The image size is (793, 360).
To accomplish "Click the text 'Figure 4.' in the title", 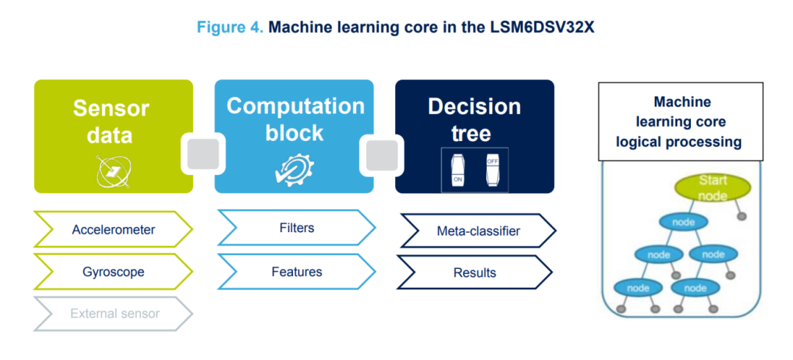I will click(229, 28).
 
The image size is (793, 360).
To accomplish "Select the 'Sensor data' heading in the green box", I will click(112, 122).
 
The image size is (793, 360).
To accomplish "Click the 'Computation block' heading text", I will click(295, 119).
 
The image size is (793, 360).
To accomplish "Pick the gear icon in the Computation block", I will click(294, 170).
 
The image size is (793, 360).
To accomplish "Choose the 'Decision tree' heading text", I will click(474, 119).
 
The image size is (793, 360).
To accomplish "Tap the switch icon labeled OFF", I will click(491, 170).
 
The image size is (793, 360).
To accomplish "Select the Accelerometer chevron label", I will click(113, 230).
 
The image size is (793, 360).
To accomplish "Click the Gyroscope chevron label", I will click(113, 272).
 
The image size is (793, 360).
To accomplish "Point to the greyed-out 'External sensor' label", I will click(115, 314).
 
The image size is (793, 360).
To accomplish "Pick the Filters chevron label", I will click(297, 228).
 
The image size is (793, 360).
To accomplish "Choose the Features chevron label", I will click(297, 272).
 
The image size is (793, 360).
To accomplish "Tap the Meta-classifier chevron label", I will click(478, 231).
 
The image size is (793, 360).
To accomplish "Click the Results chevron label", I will click(474, 273).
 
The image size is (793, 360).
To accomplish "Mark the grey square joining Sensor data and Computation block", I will click(203, 154).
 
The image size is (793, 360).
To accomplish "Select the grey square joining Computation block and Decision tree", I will click(384, 154).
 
